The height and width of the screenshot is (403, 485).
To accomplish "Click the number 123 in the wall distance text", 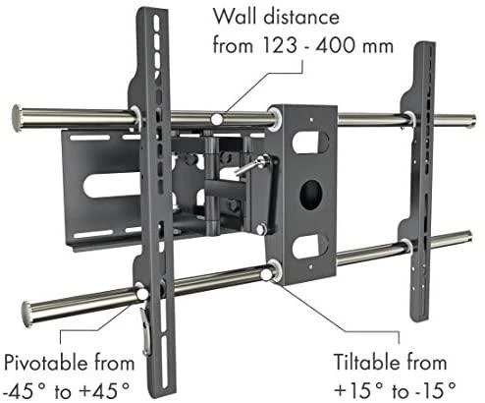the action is (280, 45).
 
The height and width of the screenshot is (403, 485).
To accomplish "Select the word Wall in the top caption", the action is (235, 16).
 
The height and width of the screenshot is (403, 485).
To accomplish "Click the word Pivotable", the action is (46, 363).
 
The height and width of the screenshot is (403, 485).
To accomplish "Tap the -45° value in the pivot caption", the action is (27, 391).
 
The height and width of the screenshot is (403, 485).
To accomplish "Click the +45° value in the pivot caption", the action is (104, 391).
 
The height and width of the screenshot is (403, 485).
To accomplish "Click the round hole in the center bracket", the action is (311, 196).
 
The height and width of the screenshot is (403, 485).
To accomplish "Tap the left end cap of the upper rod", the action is (17, 118).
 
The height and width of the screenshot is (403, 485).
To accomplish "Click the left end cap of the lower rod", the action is (27, 315).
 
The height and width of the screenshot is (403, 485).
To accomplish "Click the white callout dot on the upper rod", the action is (217, 119).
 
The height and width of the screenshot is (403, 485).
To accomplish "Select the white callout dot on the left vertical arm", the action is (141, 294).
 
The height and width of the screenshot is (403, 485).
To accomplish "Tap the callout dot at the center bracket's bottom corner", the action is (266, 274).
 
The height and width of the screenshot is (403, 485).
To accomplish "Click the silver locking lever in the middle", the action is (251, 166).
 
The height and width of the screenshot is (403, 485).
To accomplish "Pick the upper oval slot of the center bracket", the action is (310, 143).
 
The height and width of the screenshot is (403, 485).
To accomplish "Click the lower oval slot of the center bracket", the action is (310, 246).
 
